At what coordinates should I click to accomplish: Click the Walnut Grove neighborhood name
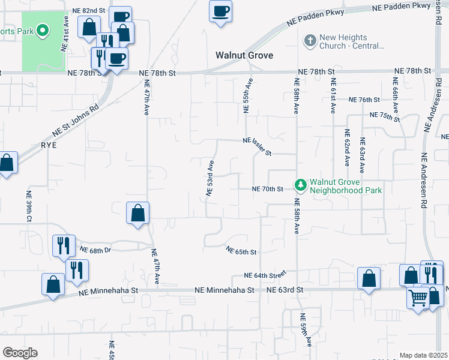click(x=244, y=56)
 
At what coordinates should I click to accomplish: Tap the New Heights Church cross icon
click(x=310, y=41)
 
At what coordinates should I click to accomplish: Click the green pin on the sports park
click(x=42, y=29)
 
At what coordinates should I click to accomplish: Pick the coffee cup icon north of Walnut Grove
click(x=220, y=10)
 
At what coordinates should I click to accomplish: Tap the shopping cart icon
click(x=418, y=298)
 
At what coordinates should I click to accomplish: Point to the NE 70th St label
click(x=268, y=189)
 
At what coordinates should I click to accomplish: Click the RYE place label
click(x=47, y=145)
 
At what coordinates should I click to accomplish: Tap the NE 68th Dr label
click(x=95, y=250)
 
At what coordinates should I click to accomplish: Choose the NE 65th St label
click(x=241, y=251)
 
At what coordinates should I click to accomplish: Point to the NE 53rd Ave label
click(x=210, y=178)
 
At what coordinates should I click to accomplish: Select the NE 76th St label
click(x=364, y=100)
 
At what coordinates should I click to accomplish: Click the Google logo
click(x=20, y=353)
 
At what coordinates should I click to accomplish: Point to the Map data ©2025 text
click(x=423, y=355)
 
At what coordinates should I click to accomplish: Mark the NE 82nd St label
click(x=88, y=11)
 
